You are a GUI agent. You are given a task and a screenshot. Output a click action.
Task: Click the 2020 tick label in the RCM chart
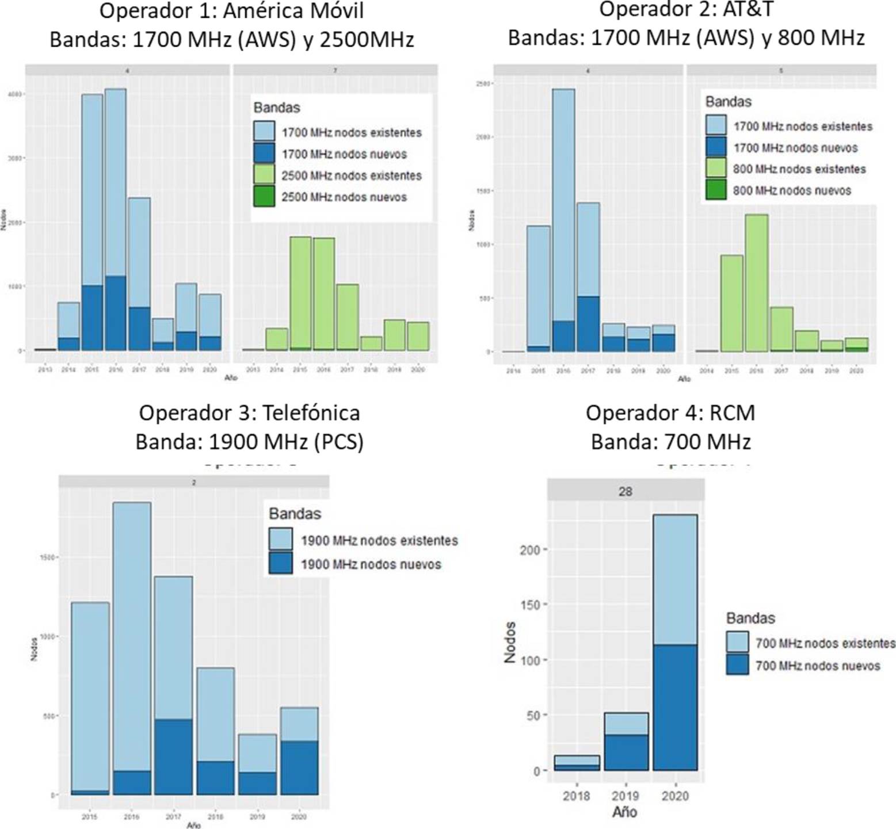click(674, 796)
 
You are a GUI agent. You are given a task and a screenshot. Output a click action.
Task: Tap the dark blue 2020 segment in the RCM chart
click(674, 707)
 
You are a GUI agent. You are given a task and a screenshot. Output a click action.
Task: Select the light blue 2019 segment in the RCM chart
click(626, 724)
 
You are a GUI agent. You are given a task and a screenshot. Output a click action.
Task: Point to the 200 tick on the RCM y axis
click(529, 550)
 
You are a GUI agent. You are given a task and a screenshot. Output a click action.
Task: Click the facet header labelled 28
click(625, 491)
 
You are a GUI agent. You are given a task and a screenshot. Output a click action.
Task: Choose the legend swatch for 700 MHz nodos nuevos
click(737, 665)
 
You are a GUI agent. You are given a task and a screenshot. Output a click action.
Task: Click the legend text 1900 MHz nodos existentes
click(379, 541)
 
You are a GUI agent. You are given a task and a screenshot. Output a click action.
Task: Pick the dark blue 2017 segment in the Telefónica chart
click(173, 757)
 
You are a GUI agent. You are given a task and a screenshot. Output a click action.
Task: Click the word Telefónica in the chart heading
click(311, 413)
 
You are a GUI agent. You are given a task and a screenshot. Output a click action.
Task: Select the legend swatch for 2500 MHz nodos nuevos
click(264, 197)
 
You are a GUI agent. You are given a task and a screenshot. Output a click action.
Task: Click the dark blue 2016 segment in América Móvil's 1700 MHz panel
click(116, 313)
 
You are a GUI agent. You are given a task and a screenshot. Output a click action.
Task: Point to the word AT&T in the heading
click(747, 10)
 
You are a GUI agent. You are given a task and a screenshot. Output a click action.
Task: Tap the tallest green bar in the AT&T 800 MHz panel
click(756, 282)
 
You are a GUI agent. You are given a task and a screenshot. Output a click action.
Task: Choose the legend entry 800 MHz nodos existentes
click(799, 169)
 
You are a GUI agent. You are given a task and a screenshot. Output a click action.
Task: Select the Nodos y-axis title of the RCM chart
click(510, 642)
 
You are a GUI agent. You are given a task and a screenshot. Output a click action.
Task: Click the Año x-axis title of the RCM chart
click(624, 812)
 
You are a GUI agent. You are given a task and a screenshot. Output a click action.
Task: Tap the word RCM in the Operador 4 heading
click(731, 413)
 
